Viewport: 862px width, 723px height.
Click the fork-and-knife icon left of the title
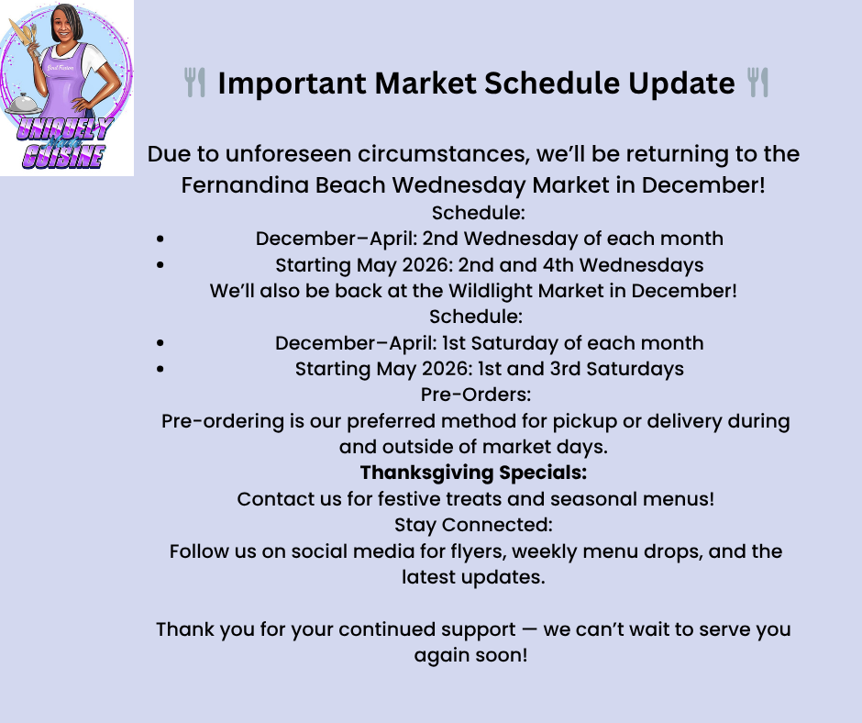(x=194, y=83)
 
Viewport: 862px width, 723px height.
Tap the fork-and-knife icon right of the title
(x=758, y=83)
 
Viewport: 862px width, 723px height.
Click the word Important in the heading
(x=292, y=84)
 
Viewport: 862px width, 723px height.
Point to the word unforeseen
(x=289, y=154)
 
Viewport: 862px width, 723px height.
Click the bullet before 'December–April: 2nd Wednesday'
(x=160, y=239)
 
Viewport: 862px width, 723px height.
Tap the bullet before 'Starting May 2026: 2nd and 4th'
(x=160, y=265)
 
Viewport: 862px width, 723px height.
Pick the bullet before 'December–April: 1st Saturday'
(x=160, y=343)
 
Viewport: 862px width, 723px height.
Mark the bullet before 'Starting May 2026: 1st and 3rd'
(x=160, y=369)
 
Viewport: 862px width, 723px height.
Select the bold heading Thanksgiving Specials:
(x=473, y=473)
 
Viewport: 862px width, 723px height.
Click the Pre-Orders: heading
(x=476, y=395)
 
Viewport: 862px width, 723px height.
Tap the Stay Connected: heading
(x=473, y=525)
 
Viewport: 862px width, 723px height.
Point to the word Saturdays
(x=635, y=369)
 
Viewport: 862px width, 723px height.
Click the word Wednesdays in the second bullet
(x=642, y=265)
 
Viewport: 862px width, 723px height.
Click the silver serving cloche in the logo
(x=22, y=104)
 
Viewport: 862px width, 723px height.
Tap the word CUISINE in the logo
(x=64, y=156)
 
